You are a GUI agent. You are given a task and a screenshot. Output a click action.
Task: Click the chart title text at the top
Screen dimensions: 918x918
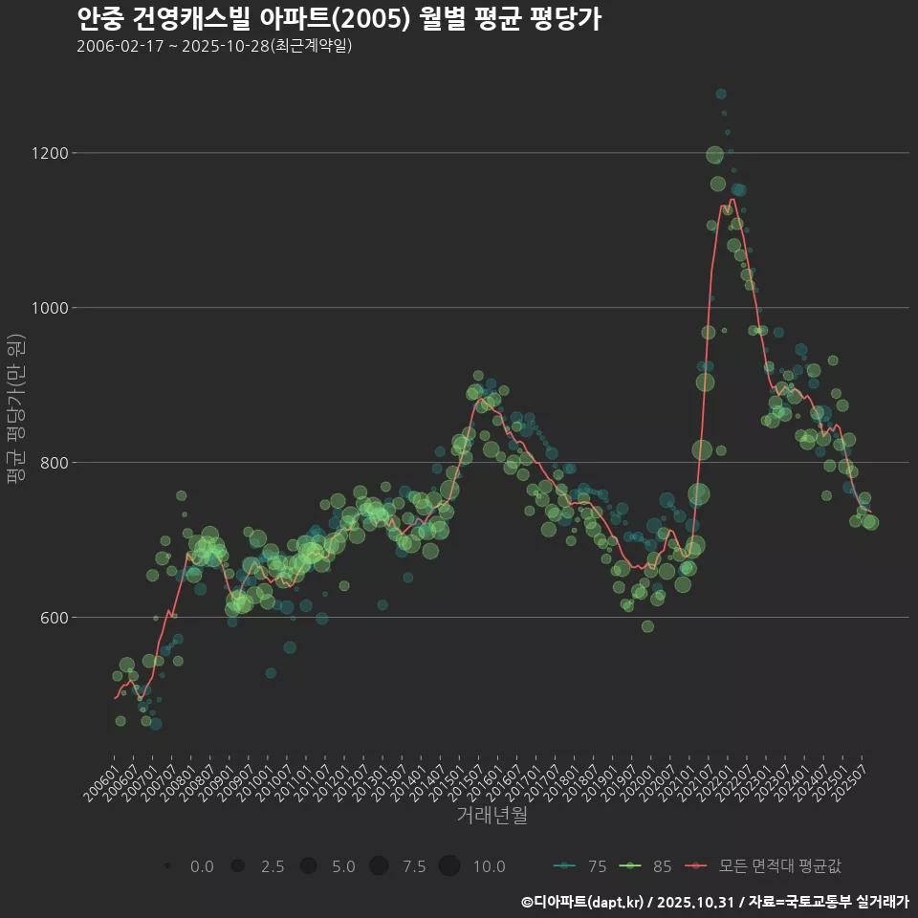[339, 18]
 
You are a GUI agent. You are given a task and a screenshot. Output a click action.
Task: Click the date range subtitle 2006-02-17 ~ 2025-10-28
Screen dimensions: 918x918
[214, 46]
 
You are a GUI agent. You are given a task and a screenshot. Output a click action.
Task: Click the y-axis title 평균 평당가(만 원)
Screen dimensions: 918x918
[16, 411]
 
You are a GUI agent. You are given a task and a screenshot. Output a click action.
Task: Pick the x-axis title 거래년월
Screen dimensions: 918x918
[492, 815]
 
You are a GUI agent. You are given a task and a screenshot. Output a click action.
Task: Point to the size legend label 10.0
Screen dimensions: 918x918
[489, 866]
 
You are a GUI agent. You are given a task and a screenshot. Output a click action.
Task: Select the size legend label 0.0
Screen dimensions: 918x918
[202, 866]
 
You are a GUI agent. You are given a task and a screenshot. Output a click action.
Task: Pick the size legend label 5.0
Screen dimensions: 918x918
[343, 866]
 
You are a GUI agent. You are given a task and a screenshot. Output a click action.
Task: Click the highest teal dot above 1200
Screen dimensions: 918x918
[721, 94]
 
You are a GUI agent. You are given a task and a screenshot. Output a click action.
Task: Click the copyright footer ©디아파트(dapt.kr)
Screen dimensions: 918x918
[583, 902]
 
